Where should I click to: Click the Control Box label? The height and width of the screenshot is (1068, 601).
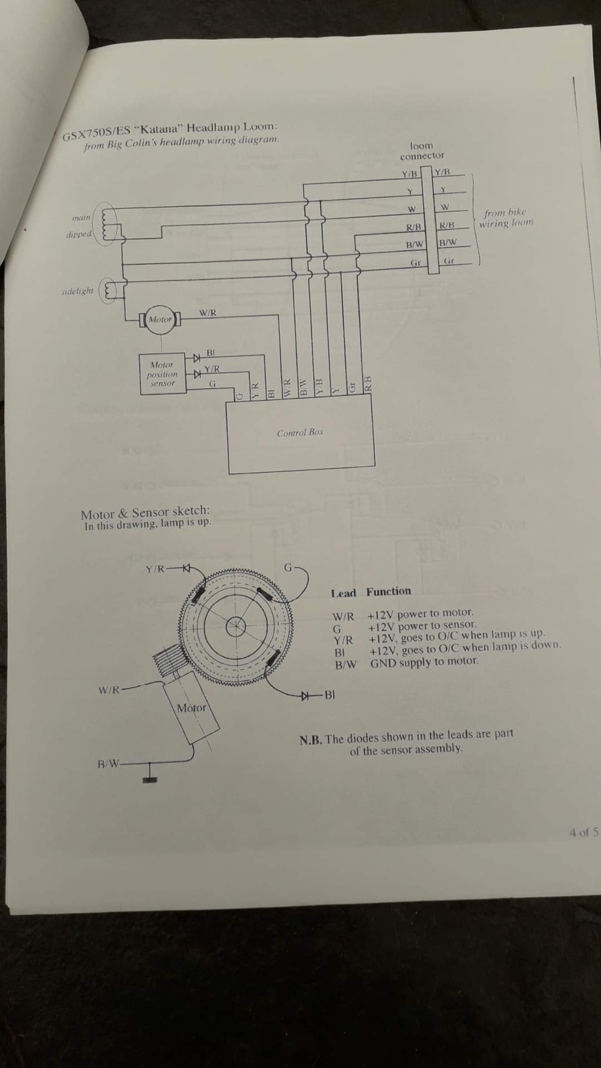(300, 432)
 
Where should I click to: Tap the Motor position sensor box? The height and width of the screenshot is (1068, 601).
(162, 374)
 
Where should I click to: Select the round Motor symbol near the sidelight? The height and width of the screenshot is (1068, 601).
(160, 320)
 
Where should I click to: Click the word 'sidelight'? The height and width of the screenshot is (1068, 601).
(77, 291)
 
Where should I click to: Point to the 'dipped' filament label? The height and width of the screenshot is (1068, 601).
(78, 234)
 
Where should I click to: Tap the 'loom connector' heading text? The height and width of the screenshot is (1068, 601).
(422, 151)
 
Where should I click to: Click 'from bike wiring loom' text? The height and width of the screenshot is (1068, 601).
(505, 217)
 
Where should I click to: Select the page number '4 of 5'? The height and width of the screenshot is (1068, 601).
(584, 833)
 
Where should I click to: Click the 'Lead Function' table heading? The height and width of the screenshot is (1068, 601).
(371, 592)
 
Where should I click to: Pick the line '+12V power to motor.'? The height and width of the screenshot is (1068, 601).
(421, 614)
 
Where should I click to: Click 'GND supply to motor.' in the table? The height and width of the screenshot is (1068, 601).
(424, 662)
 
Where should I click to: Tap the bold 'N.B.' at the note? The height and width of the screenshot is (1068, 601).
(311, 740)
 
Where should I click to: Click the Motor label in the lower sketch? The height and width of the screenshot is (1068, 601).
(191, 708)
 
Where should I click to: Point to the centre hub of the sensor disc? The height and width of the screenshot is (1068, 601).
(237, 625)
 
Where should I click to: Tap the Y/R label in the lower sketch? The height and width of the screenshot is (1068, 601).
(155, 569)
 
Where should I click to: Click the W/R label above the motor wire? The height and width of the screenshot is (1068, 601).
(208, 313)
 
